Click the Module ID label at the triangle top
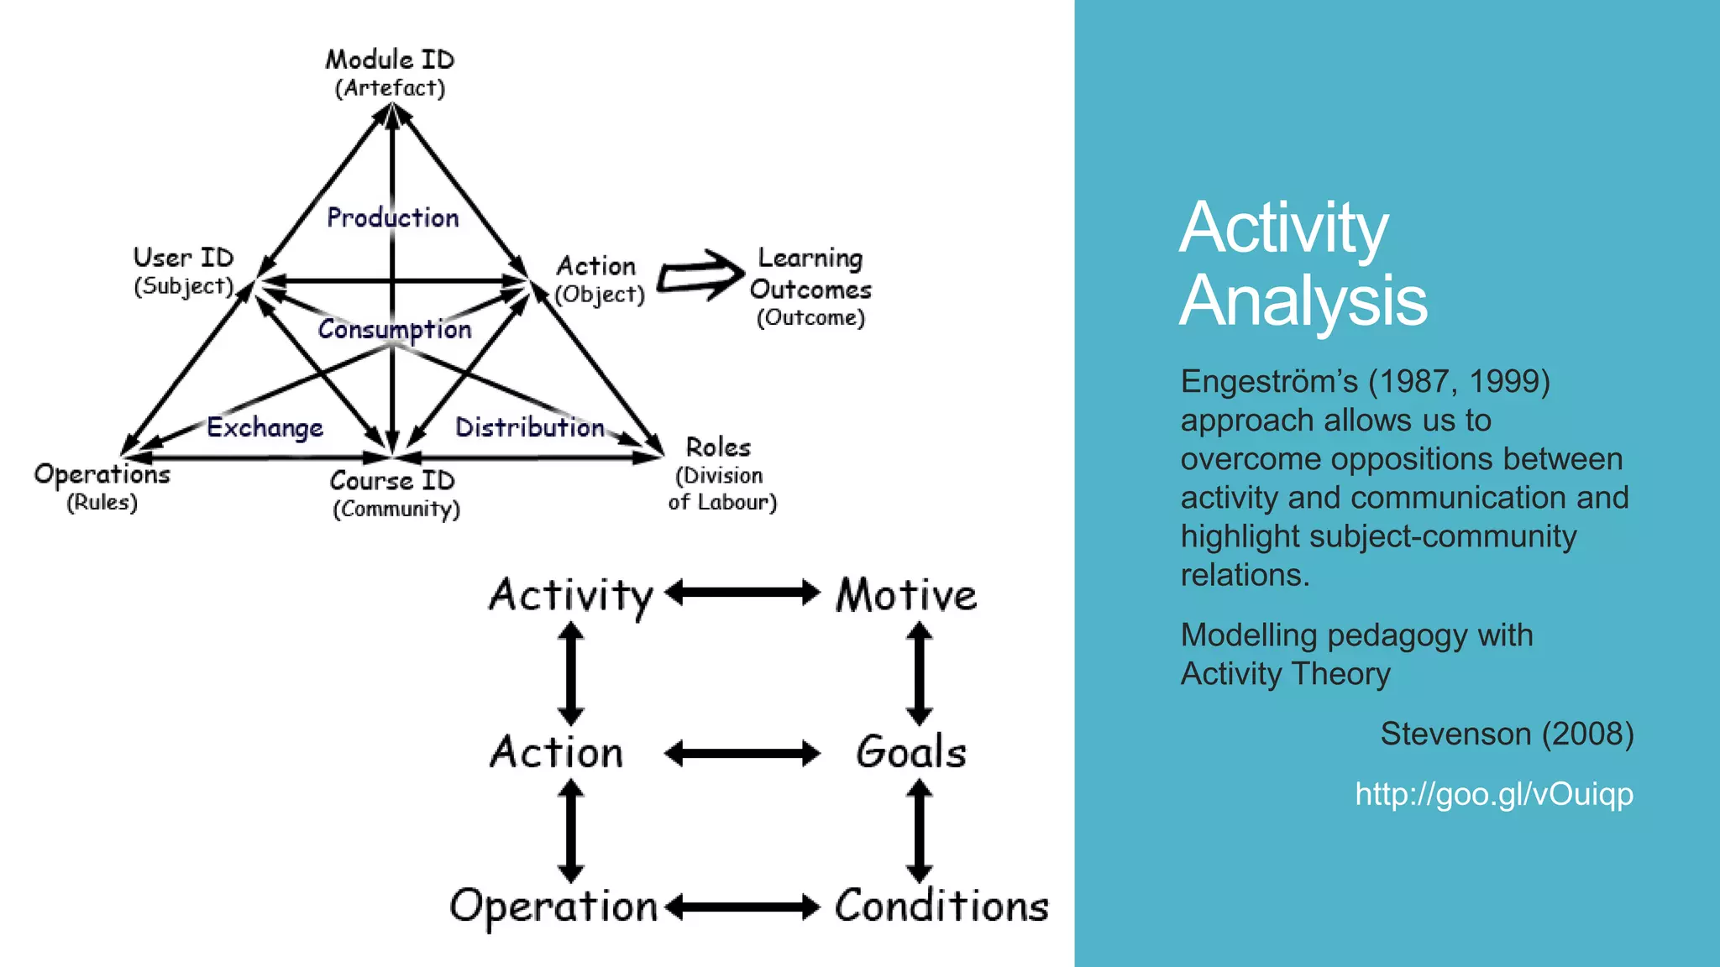pos(390,72)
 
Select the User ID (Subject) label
pos(183,271)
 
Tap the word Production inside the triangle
pos(392,217)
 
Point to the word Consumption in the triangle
pos(395,329)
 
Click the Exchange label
pos(265,427)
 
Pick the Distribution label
pos(529,427)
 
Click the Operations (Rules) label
pos(102,487)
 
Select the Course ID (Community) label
pos(393,494)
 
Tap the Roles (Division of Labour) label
pos(721,473)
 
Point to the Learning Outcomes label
pos(810,285)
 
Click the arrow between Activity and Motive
pos(742,593)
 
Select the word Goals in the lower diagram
pos(911,751)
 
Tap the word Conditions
pos(941,906)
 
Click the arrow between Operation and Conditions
pos(742,907)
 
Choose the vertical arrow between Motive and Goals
pos(919,673)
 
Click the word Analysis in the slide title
pos(1303,301)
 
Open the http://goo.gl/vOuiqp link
pos(1493,793)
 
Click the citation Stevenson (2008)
pos(1507,734)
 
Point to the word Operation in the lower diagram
pos(553,907)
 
